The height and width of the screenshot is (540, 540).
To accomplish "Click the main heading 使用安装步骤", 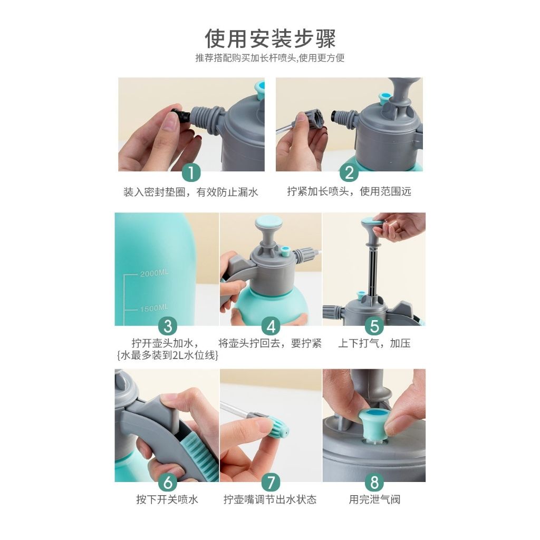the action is (270, 38).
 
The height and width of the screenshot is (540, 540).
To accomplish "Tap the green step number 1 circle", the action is (191, 172).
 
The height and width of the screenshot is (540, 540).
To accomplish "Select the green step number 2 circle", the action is (349, 172).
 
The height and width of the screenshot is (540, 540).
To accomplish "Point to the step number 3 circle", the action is (168, 326).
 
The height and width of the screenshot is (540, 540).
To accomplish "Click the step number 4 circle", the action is (271, 326).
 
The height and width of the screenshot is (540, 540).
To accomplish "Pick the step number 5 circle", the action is (374, 326).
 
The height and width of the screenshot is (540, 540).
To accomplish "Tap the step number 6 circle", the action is (168, 482).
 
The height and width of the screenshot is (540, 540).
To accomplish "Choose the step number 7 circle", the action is (271, 482).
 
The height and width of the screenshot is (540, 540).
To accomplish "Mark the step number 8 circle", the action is (374, 482).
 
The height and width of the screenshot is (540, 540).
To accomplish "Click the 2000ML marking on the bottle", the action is (154, 273).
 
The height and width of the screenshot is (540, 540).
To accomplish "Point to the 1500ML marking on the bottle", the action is (154, 308).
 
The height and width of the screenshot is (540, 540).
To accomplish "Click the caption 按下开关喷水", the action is (167, 499).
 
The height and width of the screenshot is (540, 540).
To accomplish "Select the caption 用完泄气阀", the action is (374, 499).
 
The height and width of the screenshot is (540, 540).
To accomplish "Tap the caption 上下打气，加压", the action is (374, 343).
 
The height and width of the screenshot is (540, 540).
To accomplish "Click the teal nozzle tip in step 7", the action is (278, 426).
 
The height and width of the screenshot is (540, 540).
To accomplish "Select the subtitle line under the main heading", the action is (270, 58).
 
